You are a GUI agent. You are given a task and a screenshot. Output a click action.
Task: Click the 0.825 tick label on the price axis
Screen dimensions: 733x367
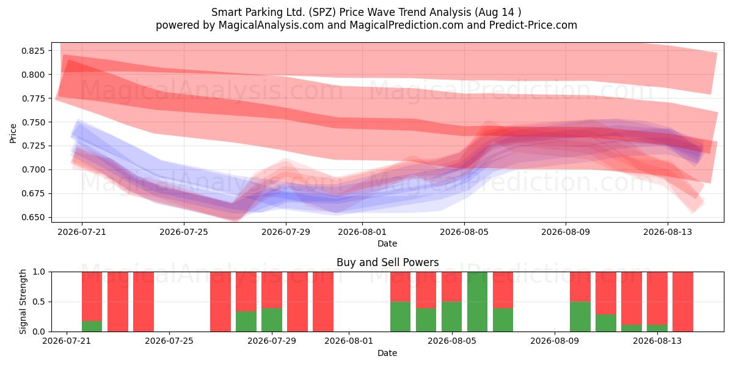(x=33, y=51)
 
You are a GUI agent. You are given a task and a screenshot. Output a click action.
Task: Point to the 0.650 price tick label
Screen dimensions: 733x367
(x=33, y=217)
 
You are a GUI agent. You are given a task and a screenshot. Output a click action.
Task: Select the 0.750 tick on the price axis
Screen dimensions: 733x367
(x=33, y=122)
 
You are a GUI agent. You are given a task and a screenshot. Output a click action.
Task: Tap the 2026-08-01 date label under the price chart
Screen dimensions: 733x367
(x=362, y=232)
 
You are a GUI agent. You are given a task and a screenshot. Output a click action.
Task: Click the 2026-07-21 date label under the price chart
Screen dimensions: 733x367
(x=82, y=232)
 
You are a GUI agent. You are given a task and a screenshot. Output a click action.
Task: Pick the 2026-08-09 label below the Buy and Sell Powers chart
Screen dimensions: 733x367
(x=555, y=341)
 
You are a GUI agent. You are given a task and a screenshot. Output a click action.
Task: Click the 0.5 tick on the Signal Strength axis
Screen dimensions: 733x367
(x=39, y=302)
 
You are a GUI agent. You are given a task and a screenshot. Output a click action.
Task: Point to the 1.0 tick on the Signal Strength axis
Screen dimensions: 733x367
(x=39, y=272)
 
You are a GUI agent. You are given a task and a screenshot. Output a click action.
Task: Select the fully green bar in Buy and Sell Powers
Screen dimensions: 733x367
(x=478, y=302)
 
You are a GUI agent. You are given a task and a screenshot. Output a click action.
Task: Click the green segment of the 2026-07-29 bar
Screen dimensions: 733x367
(x=272, y=320)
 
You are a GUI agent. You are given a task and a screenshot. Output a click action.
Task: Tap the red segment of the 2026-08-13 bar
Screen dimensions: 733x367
(x=657, y=298)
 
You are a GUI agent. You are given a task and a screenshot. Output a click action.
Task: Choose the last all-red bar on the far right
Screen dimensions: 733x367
(x=683, y=302)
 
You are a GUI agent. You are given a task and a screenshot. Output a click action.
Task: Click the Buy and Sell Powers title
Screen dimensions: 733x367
(x=387, y=262)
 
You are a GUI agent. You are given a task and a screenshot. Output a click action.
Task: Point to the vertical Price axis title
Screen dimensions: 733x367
(x=13, y=133)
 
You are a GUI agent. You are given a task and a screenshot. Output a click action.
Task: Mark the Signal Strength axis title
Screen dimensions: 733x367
(x=23, y=302)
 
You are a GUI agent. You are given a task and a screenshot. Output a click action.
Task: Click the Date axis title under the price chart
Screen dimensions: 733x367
(x=387, y=243)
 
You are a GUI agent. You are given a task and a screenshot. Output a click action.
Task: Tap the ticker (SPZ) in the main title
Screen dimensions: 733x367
(x=323, y=12)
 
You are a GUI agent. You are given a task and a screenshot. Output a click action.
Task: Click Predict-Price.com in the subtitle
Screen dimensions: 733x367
(x=533, y=25)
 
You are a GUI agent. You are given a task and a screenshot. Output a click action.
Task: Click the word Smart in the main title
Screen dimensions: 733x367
(x=224, y=12)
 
